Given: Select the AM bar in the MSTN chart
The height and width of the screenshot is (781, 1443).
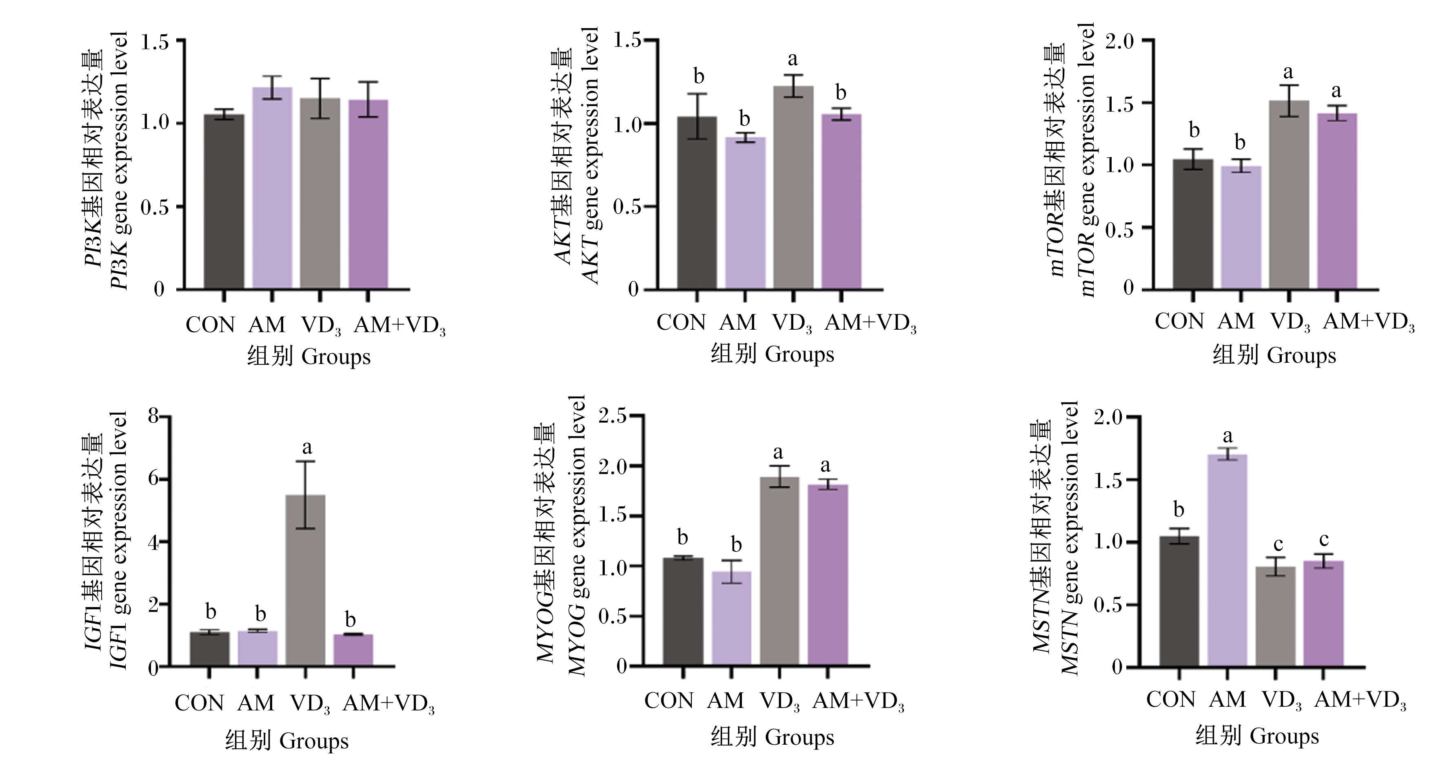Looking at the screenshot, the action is pos(1228,560).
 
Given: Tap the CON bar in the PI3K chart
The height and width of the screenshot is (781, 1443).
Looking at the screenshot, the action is pos(224,202).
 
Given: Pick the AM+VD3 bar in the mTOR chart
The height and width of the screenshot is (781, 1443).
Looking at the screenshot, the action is pos(1337,202).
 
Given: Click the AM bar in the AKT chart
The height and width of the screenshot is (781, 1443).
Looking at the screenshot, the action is pos(745,213).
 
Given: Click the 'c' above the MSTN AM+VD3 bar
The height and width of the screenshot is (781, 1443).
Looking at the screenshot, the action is pos(1324,539).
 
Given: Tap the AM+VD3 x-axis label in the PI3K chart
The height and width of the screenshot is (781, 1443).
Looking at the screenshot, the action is pos(400,326).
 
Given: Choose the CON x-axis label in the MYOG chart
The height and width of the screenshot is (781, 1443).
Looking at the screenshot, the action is pos(668,700).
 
